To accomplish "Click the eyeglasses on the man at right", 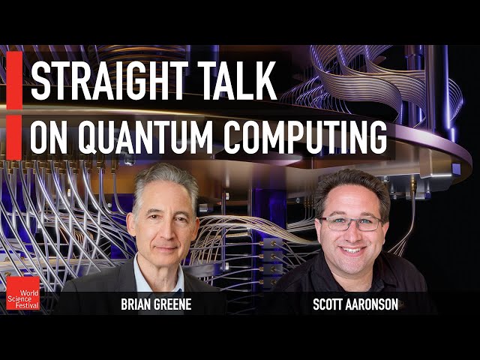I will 351,223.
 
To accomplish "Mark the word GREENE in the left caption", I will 175,305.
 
